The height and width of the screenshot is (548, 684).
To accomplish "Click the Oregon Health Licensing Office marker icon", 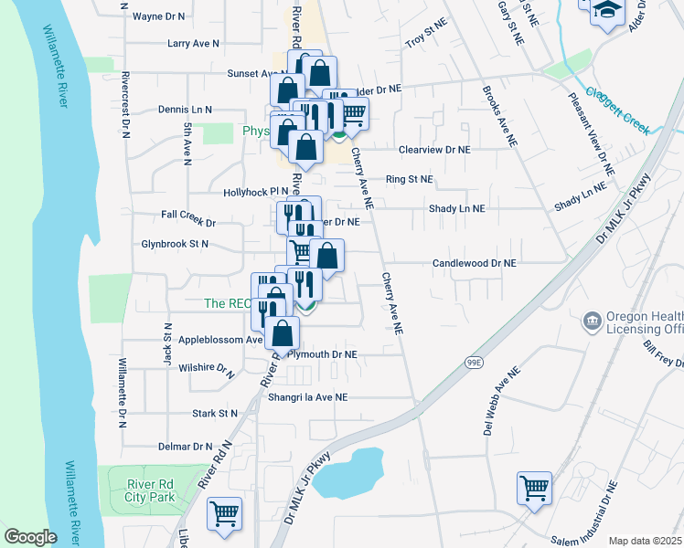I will [592, 321].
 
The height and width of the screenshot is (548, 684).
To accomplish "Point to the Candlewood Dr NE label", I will [475, 263].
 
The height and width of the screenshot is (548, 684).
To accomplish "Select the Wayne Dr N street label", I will [158, 16].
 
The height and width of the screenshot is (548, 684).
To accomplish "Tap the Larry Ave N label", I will [193, 43].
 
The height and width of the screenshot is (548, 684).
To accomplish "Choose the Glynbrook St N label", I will [176, 244].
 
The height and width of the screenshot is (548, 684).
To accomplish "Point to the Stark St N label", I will [215, 414].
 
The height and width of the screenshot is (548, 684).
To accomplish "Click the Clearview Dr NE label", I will [433, 149].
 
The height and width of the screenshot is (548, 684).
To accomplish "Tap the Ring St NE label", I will [409, 180].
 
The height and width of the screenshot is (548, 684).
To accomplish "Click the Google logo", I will [30, 537].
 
